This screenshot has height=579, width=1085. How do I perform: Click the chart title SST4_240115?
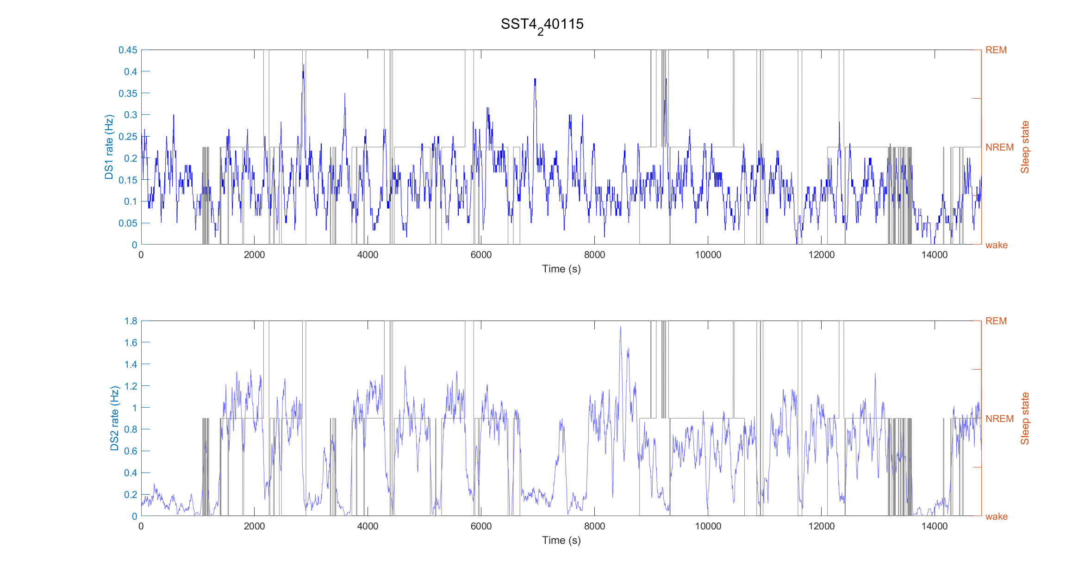click(x=542, y=25)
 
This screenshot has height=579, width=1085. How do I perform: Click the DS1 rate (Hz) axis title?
click(x=109, y=147)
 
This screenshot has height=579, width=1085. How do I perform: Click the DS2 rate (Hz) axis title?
click(x=114, y=418)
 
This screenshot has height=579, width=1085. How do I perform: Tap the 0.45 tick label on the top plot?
click(x=128, y=50)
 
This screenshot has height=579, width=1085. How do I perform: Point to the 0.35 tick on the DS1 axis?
click(x=128, y=94)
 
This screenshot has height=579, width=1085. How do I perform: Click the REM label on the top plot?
click(x=996, y=50)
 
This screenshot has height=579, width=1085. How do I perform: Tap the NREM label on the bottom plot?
click(x=999, y=419)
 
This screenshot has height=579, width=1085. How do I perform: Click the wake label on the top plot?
click(x=996, y=245)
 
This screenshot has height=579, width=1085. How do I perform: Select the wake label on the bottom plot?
click(x=996, y=516)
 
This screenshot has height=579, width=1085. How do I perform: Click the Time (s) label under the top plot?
click(x=561, y=269)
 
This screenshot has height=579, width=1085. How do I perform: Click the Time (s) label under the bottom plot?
click(x=561, y=541)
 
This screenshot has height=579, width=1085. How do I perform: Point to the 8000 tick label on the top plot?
click(x=594, y=255)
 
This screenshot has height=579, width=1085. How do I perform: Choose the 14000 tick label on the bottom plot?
click(x=934, y=526)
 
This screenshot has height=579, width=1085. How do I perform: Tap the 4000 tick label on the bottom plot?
click(x=368, y=526)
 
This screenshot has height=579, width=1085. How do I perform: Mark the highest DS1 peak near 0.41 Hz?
click(x=304, y=65)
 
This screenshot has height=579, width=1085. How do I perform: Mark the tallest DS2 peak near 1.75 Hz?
click(x=620, y=327)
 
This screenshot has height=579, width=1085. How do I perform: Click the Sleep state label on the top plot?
click(x=1025, y=147)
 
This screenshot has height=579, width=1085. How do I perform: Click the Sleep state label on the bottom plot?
click(x=1025, y=418)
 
